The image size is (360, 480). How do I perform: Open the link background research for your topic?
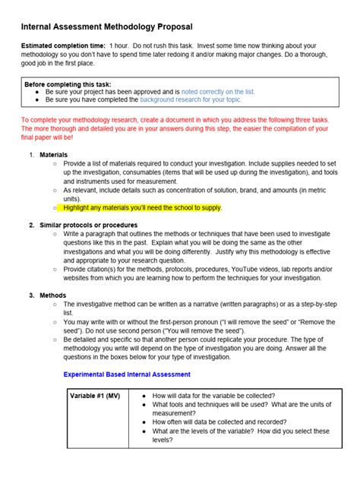coord(191,99)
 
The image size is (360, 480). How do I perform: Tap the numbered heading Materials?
coord(53,154)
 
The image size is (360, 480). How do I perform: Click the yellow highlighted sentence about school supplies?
coord(143,207)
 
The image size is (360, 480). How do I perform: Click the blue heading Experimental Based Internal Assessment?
coord(126,374)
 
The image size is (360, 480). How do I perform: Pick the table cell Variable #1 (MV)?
coord(94,396)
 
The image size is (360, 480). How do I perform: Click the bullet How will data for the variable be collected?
coord(213,396)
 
